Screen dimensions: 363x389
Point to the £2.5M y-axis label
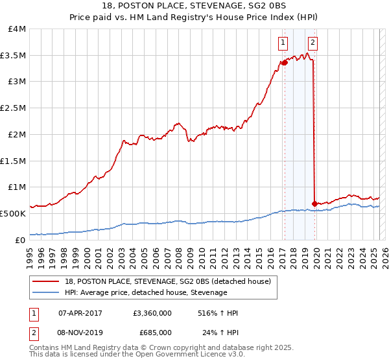click(x=13, y=108)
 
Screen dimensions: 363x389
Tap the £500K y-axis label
click(x=13, y=213)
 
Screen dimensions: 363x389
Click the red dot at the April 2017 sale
click(x=284, y=63)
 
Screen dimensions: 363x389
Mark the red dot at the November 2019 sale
click(x=314, y=204)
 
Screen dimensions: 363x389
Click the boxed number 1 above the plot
click(x=283, y=43)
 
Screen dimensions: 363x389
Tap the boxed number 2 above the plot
click(x=312, y=43)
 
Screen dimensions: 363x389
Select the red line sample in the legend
click(x=46, y=281)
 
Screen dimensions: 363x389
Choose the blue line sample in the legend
click(x=46, y=292)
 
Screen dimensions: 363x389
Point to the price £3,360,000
click(x=151, y=313)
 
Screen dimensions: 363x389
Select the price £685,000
click(x=156, y=332)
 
